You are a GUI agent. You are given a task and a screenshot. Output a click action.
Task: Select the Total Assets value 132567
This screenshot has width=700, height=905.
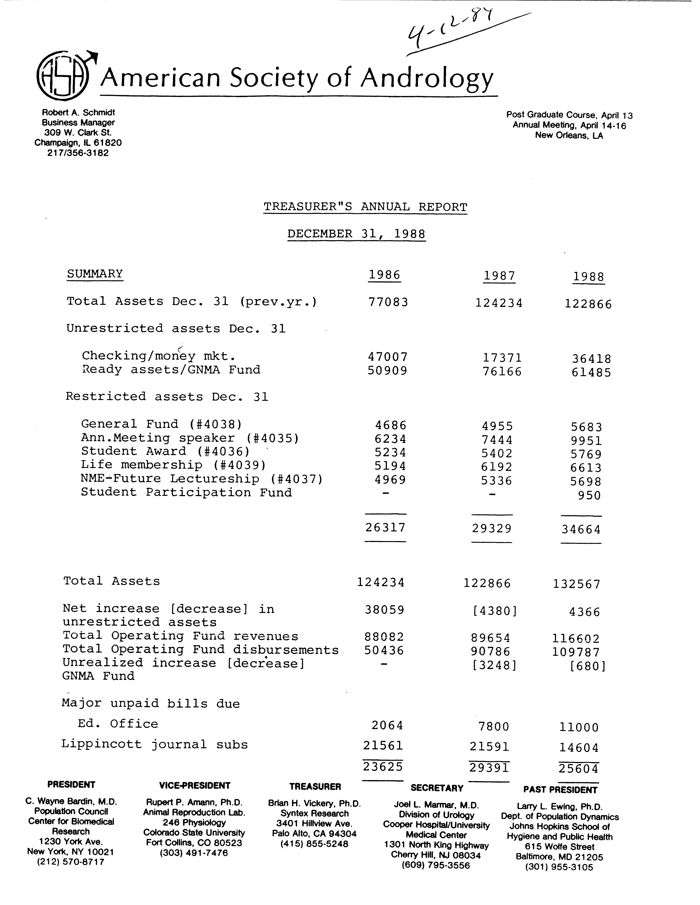576,584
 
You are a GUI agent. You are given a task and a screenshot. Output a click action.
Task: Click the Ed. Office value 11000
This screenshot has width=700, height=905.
579,727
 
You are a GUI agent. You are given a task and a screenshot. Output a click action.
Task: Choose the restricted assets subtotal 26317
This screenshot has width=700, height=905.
385,528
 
